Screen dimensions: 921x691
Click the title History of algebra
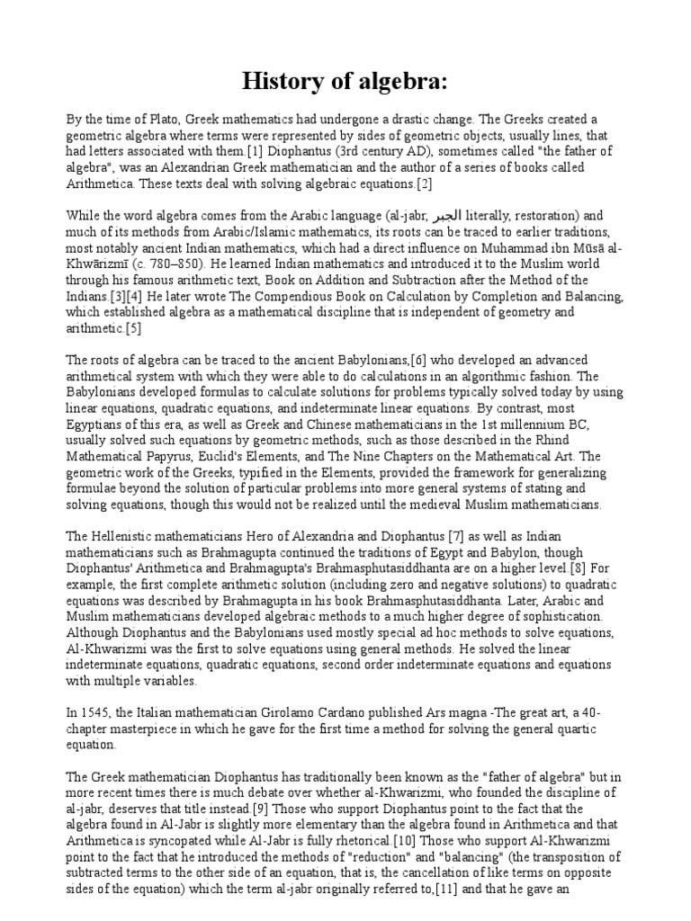(345, 82)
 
